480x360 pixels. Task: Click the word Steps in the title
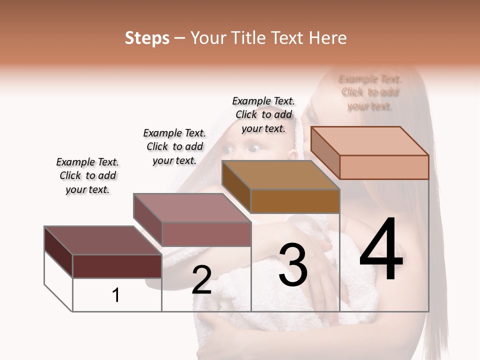pos(147,38)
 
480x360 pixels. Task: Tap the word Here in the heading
pos(327,38)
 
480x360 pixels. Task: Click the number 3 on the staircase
pos(292,265)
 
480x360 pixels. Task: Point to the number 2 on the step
pos(201,280)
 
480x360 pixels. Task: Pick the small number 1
pos(116,295)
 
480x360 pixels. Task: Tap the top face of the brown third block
pos(280,175)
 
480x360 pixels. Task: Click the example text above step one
pos(87,175)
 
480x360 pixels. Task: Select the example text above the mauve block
pos(174,146)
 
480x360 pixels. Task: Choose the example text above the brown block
pos(263,114)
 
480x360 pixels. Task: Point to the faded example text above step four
pos(370,92)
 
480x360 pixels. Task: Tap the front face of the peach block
pos(384,167)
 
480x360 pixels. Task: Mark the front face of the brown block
pos(295,201)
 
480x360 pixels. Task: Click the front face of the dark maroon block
pos(117,266)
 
